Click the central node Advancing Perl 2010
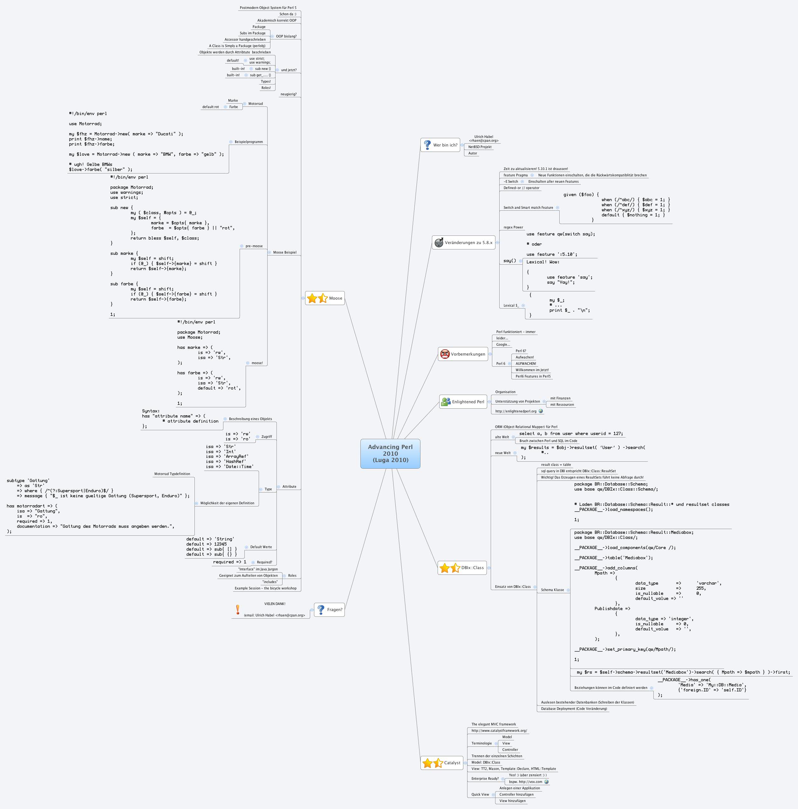pyautogui.click(x=390, y=453)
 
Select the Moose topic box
pyautogui.click(x=325, y=298)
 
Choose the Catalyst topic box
pyautogui.click(x=441, y=763)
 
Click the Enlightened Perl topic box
pyautogui.click(x=463, y=402)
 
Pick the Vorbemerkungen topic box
pyautogui.click(x=463, y=354)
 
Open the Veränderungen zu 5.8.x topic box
pyautogui.click(x=463, y=242)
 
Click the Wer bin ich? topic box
pyautogui.click(x=440, y=145)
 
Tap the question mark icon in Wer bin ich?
pyautogui.click(x=427, y=145)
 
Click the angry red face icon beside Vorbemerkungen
pyautogui.click(x=445, y=354)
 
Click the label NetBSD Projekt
pyautogui.click(x=480, y=147)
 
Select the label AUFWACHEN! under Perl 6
pyautogui.click(x=526, y=364)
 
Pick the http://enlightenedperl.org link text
pyautogui.click(x=516, y=411)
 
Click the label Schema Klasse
pyautogui.click(x=552, y=590)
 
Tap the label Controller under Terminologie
pyautogui.click(x=510, y=750)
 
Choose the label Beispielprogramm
pyautogui.click(x=249, y=142)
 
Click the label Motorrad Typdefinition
pyautogui.click(x=172, y=474)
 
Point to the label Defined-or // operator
pyautogui.click(x=521, y=188)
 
